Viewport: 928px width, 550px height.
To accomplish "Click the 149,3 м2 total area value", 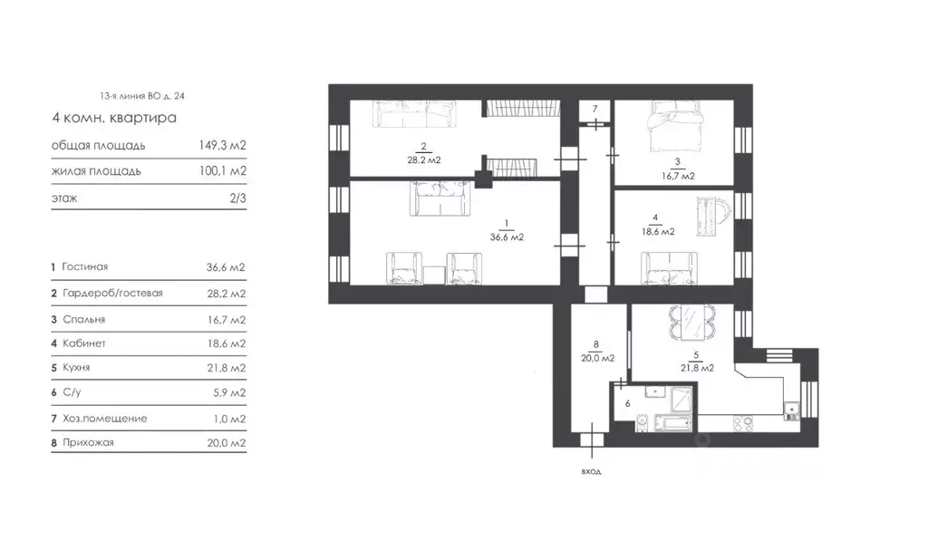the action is [223, 146].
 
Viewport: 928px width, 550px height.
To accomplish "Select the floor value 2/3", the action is [238, 198].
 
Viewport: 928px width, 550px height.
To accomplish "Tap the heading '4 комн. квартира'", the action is [114, 117].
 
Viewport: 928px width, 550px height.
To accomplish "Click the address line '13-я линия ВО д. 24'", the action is [142, 96].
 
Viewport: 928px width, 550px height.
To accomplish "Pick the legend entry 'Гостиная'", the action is [85, 267].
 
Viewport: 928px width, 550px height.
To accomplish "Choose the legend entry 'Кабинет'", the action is [84, 343].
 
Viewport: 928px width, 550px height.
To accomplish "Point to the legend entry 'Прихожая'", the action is [88, 442].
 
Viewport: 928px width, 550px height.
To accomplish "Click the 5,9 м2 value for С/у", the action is [229, 392].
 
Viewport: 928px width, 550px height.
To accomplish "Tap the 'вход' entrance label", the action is [591, 471].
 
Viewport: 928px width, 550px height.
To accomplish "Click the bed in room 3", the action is [674, 126].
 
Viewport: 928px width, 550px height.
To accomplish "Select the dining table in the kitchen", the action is [692, 323].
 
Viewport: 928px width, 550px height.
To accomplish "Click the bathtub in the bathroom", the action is [673, 423].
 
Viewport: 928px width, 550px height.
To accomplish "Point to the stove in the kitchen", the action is [743, 423].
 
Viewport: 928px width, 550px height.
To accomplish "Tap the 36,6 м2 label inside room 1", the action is [507, 237].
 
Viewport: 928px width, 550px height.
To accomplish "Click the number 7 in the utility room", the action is [594, 109].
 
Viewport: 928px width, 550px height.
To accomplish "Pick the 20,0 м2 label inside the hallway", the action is [598, 358].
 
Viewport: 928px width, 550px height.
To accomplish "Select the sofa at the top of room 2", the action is [414, 113].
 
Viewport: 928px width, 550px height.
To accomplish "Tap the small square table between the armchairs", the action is [434, 275].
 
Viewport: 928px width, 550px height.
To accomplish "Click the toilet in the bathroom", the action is [643, 422].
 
